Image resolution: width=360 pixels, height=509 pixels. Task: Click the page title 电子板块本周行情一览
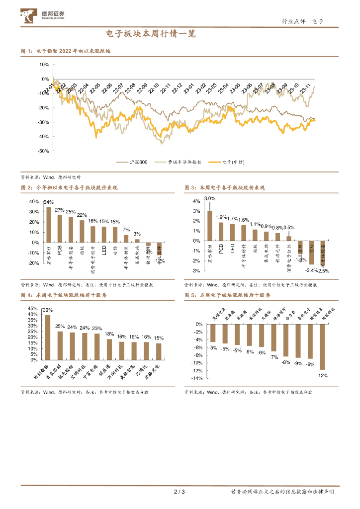click(x=152, y=34)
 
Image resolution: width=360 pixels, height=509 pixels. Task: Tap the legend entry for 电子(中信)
click(x=229, y=162)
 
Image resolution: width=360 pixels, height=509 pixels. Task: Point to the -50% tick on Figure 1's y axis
click(x=43, y=151)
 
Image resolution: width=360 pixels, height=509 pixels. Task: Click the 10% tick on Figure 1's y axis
click(x=43, y=65)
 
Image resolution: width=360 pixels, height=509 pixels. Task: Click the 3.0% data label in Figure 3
click(x=209, y=198)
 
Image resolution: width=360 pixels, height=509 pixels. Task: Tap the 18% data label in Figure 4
click(x=109, y=334)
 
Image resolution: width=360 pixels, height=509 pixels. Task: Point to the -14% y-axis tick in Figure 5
click(x=198, y=378)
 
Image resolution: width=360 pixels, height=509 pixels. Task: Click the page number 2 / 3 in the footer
click(x=180, y=492)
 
